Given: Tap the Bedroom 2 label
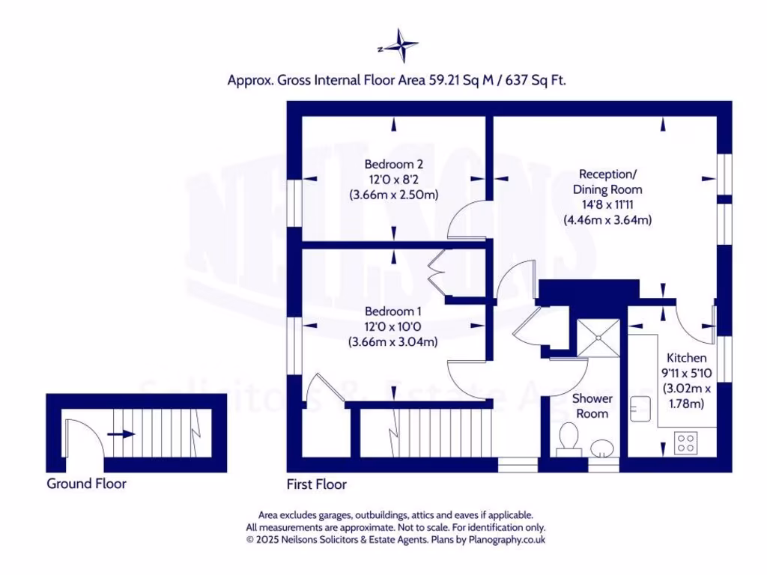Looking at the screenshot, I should coord(394,165).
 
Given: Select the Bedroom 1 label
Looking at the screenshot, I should coord(393,311).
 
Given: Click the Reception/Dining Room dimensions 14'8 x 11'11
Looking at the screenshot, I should coord(607,205).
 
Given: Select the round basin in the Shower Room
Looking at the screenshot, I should coord(601,448).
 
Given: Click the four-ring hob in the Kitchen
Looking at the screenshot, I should coord(685,442).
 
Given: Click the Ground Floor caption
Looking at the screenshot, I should coord(86,484).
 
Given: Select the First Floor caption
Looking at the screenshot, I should coord(317,484).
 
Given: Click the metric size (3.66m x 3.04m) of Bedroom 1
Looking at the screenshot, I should coord(393,341).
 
